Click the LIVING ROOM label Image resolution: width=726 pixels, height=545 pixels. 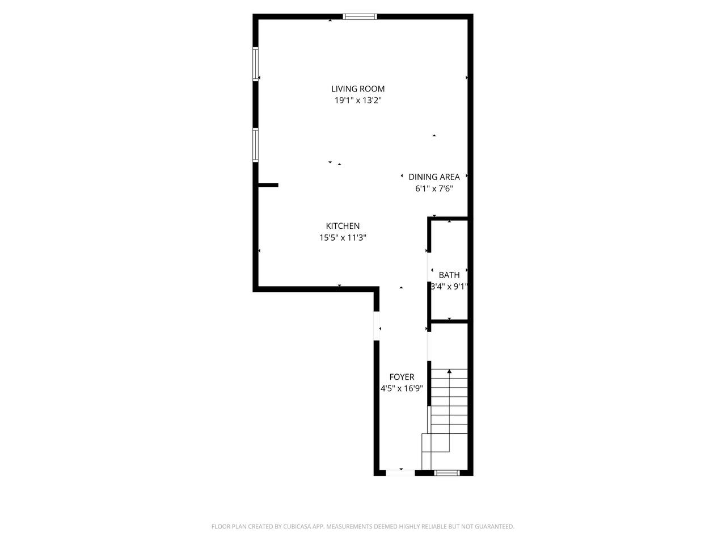[x=358, y=89]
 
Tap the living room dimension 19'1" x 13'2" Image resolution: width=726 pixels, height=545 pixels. [x=358, y=100]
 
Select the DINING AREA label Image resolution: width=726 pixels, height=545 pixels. [x=434, y=177]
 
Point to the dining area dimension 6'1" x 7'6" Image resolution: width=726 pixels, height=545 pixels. [x=434, y=188]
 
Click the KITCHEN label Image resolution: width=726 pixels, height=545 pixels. [x=343, y=226]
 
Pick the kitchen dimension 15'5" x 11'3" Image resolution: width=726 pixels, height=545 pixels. [x=343, y=238]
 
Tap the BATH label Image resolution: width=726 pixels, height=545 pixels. [x=449, y=275]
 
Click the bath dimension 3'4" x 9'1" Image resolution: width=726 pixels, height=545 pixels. [x=449, y=287]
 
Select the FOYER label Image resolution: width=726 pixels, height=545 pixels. [x=402, y=377]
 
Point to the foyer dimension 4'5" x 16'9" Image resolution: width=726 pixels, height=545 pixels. [x=402, y=388]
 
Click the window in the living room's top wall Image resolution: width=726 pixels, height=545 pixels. [x=360, y=16]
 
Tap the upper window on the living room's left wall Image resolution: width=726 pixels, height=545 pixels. [x=255, y=64]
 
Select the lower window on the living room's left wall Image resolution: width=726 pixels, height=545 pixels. [x=255, y=145]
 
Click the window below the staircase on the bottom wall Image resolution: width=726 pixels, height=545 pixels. [x=447, y=473]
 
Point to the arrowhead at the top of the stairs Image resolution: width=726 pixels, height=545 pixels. [x=449, y=372]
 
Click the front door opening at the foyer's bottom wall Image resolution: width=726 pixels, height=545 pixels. [x=400, y=473]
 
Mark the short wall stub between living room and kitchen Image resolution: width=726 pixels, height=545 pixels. [x=268, y=185]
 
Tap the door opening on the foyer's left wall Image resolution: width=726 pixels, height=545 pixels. [x=377, y=326]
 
